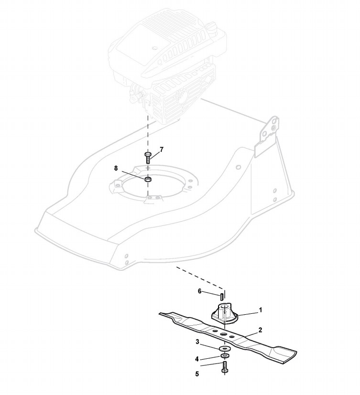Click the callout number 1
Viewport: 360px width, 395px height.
click(x=260, y=310)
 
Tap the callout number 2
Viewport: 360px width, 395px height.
click(x=260, y=330)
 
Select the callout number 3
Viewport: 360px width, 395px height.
click(x=197, y=342)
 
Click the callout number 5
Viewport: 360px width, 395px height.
click(x=197, y=374)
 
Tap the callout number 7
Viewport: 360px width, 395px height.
click(x=162, y=149)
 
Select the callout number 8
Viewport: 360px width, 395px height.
click(x=115, y=168)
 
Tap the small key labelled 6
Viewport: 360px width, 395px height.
click(x=223, y=297)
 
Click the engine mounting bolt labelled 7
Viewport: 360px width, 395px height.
click(x=148, y=157)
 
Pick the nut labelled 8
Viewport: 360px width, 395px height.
click(x=148, y=179)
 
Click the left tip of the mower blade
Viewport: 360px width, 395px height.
click(x=165, y=314)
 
